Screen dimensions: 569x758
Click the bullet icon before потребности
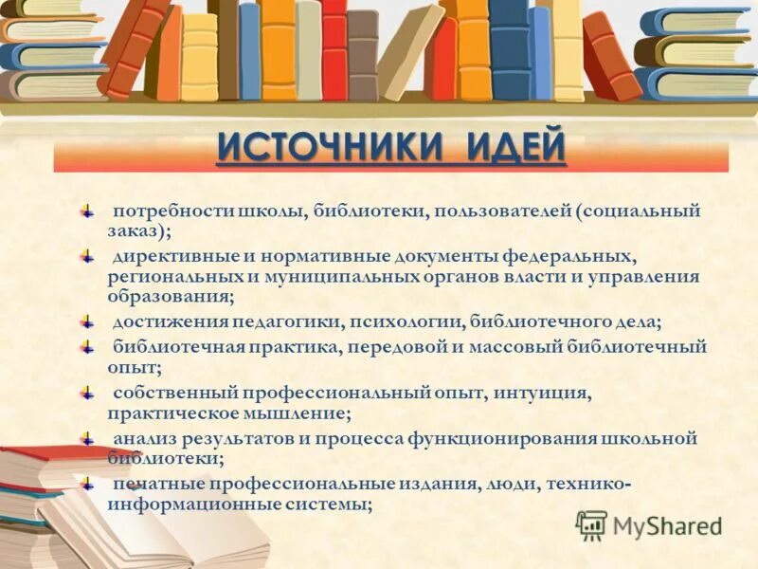86,210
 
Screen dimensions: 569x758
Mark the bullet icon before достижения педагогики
86,322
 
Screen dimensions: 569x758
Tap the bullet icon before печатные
86,484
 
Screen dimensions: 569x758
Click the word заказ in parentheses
130,230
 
